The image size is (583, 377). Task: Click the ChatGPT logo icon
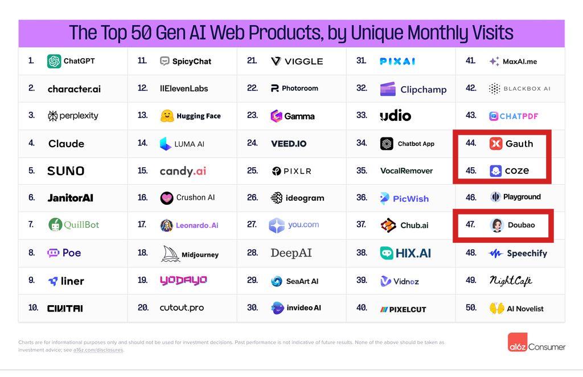54,61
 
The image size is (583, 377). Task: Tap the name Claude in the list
66,144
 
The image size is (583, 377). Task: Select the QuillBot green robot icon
55,225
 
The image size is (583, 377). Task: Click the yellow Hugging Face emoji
167,116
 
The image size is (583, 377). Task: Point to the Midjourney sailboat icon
170,254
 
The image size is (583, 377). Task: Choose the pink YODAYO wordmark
183,280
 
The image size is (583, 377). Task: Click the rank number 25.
252,171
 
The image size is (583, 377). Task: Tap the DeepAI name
291,253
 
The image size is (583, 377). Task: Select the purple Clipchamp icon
388,89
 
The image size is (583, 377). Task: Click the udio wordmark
395,116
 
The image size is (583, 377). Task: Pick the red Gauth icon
495,144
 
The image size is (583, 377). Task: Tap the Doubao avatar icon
496,225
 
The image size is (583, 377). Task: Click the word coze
517,171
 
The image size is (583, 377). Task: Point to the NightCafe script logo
511,281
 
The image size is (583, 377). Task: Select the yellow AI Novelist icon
496,309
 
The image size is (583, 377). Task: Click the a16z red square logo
517,342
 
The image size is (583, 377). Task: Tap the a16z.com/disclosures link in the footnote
98,350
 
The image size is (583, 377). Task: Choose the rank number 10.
33,307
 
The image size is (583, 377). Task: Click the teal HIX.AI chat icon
387,253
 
